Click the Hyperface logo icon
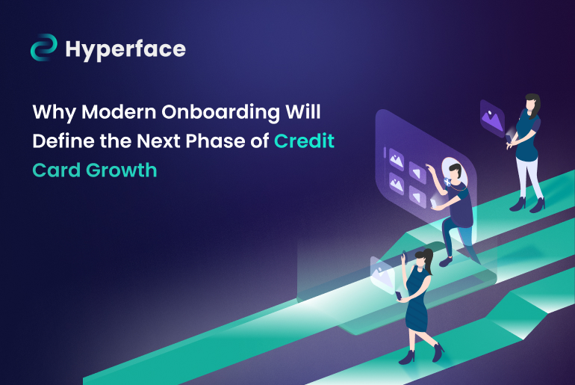click(44, 49)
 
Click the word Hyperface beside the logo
click(125, 49)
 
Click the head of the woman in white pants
click(532, 103)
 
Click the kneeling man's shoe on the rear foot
click(445, 261)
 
